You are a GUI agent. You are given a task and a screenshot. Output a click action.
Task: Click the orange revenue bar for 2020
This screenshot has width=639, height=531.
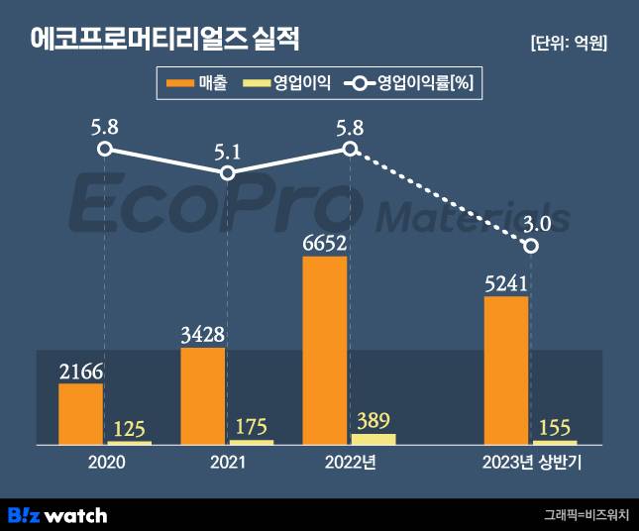pos(80,413)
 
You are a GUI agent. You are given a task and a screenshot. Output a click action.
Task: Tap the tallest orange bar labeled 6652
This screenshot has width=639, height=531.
pos(324,349)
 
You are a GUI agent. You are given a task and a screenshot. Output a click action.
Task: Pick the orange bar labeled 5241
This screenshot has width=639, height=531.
pos(505,369)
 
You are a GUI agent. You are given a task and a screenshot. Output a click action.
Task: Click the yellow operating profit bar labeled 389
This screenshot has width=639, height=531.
pos(373,438)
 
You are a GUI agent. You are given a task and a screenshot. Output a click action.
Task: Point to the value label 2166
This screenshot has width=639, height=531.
pos(80,372)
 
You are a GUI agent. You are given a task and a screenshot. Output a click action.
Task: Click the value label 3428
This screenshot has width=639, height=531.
pos(202,335)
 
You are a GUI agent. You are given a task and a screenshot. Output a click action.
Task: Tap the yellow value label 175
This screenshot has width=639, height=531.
pos(251,427)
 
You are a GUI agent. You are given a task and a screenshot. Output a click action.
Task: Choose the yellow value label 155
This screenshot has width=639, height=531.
pos(554,427)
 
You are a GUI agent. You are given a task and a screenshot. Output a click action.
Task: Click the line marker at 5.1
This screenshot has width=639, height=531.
pos(227,173)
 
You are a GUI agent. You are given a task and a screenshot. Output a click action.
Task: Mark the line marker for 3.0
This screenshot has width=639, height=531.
pos(530,245)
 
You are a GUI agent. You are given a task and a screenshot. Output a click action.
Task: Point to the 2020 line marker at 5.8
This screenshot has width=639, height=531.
pos(105,150)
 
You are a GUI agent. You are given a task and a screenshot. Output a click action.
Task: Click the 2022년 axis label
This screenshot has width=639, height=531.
pos(350,462)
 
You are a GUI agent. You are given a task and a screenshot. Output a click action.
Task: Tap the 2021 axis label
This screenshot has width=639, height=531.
pos(227,462)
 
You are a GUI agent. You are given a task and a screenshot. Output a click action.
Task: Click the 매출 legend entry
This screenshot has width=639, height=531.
pos(198,84)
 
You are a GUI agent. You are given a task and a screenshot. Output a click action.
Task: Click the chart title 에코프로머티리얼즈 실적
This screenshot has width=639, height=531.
pos(164,40)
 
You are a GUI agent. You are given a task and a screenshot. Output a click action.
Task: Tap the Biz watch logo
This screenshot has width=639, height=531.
pos(57,514)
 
